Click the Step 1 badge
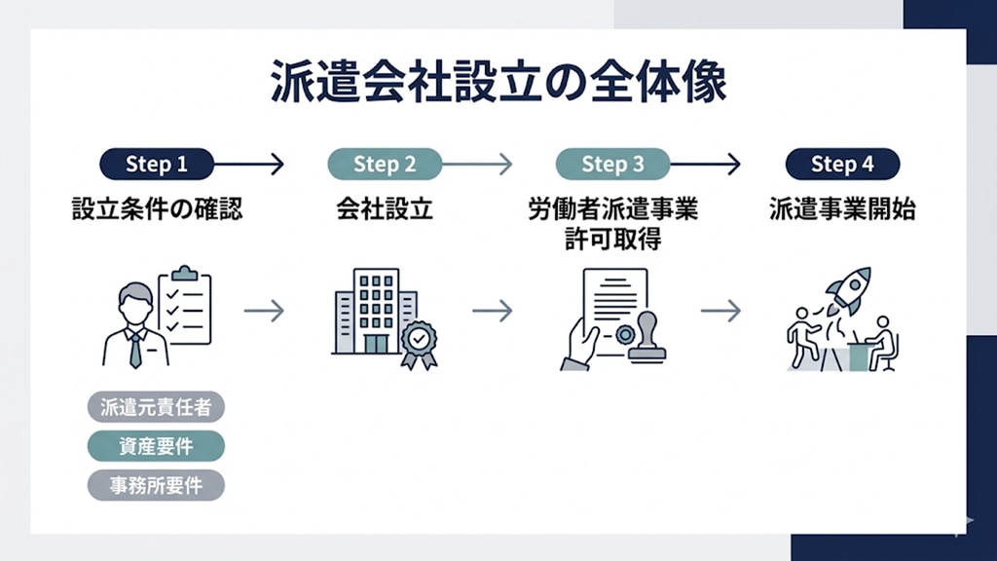[x=156, y=165]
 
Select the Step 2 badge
[x=385, y=165]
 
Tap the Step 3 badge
[x=612, y=165]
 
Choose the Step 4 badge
[x=842, y=165]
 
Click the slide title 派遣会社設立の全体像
[x=498, y=83]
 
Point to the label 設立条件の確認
[x=157, y=209]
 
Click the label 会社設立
[x=385, y=209]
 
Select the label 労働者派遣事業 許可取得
[x=612, y=224]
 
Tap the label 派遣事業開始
[x=842, y=209]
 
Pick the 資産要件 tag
[x=156, y=446]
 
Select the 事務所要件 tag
[x=156, y=485]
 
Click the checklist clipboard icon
[x=184, y=306]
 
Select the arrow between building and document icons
[x=492, y=311]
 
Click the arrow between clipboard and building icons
[x=263, y=311]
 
